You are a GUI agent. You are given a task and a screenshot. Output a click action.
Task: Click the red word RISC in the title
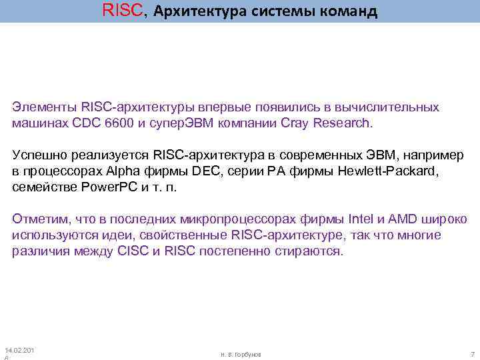click(121, 11)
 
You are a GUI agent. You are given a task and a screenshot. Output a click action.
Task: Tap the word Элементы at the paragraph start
click(44, 107)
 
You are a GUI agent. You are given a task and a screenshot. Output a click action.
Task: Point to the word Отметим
click(38, 219)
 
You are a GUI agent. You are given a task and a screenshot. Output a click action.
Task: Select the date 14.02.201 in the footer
click(20, 350)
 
